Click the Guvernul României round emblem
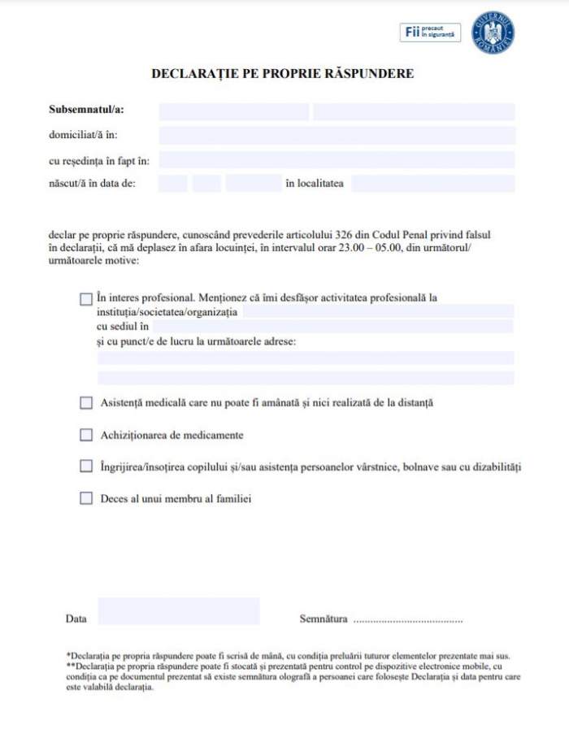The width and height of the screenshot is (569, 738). click(493, 33)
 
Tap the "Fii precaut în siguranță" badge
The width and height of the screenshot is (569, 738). click(430, 33)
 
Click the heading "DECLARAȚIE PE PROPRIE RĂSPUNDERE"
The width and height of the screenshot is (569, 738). click(282, 74)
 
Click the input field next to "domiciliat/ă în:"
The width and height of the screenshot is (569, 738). click(337, 135)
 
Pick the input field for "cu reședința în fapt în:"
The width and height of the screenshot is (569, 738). click(337, 159)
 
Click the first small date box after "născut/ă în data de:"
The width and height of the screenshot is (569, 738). click(172, 184)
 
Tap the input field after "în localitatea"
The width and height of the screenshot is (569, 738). click(432, 184)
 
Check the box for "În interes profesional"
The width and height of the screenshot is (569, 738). click(86, 299)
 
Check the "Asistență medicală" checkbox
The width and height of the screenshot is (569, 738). click(86, 402)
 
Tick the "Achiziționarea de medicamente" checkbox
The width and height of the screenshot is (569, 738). click(86, 435)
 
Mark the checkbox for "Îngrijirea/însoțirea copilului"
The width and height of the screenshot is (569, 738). click(86, 467)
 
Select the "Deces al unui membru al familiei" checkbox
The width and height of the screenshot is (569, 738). click(86, 499)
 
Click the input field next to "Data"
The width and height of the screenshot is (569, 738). click(178, 611)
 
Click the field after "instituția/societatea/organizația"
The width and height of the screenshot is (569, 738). click(378, 311)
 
